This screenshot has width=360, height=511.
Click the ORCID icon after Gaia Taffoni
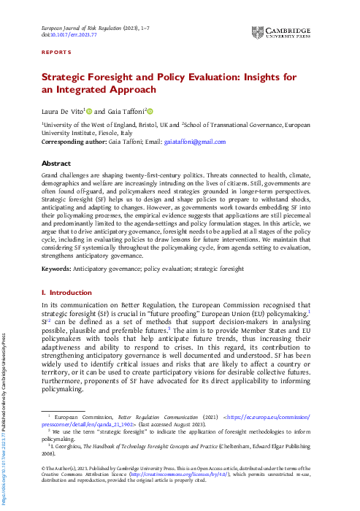[x=150, y=111]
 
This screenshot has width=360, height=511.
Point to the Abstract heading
[x=56, y=164]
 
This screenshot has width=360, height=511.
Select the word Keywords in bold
[x=56, y=269]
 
